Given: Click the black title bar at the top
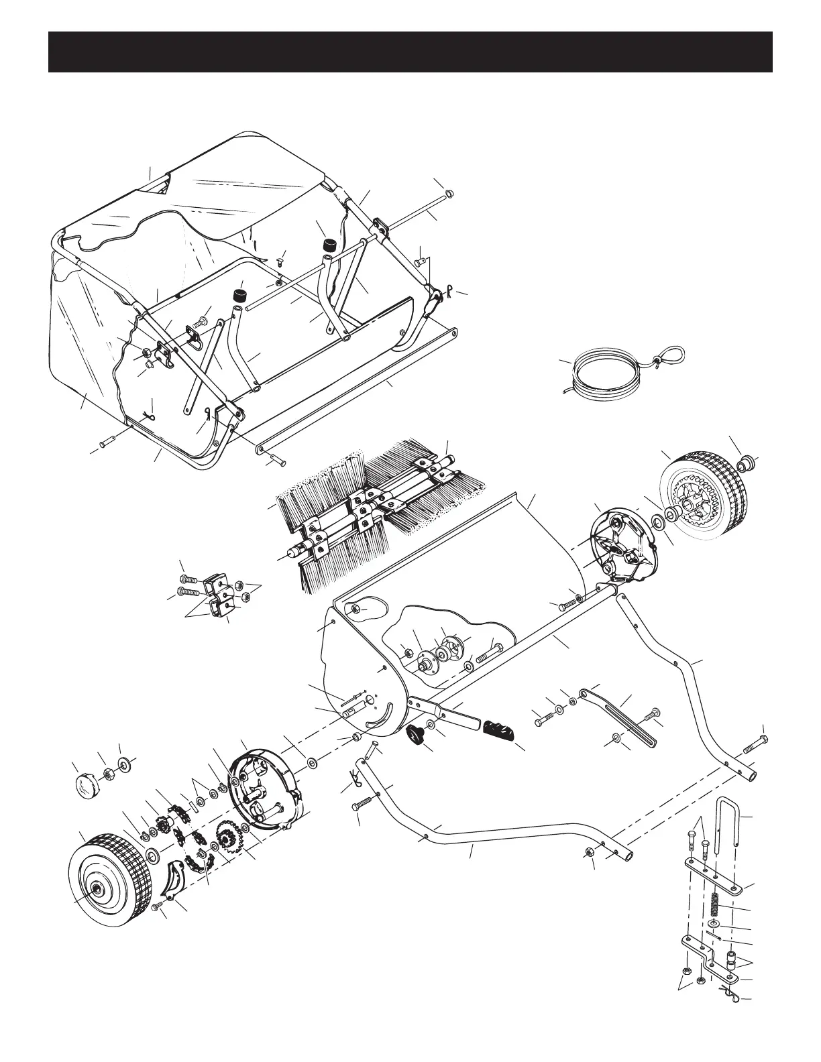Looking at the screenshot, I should (x=410, y=52).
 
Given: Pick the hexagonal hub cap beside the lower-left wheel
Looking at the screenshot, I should (x=85, y=783).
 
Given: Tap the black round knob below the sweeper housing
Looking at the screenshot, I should (x=417, y=735).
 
